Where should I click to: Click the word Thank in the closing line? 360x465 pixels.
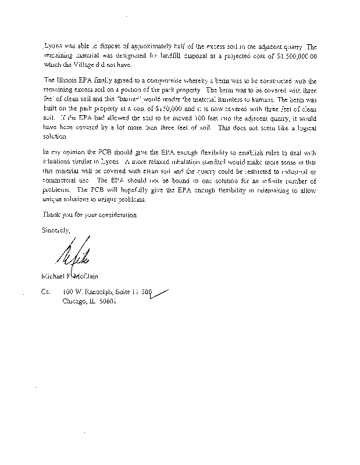(x=54, y=214)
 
